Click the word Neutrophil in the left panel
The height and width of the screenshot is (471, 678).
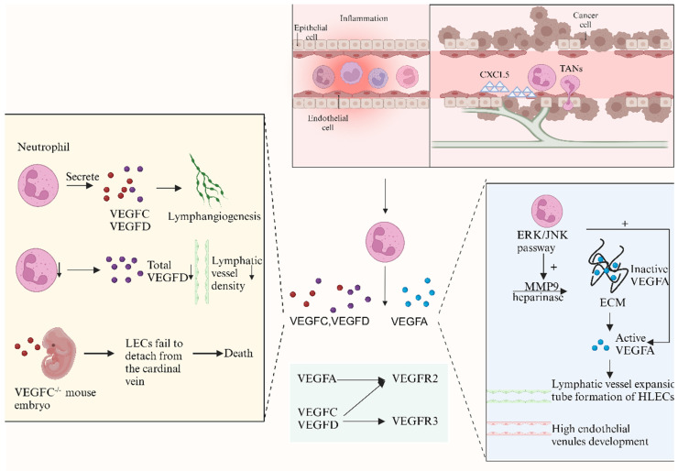tap(43, 147)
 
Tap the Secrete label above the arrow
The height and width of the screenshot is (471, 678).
tap(82, 177)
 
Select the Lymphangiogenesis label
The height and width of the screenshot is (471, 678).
tap(214, 216)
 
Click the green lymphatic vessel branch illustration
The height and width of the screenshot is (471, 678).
tap(206, 181)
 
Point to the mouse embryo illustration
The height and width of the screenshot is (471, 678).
tap(59, 353)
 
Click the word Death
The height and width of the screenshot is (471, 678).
tap(238, 354)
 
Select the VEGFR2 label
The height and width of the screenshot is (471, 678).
tap(415, 378)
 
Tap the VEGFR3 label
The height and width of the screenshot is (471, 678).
tap(415, 421)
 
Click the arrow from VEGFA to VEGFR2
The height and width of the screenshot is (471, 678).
tap(361, 379)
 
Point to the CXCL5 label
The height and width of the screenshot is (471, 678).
tap(494, 74)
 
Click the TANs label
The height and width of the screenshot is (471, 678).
tap(571, 69)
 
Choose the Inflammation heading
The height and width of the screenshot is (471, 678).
tap(364, 18)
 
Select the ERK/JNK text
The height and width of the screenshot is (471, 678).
tap(542, 235)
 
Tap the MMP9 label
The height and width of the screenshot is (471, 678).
tap(540, 286)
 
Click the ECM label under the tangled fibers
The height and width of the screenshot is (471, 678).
tap(612, 302)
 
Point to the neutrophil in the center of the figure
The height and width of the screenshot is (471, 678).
tap(385, 243)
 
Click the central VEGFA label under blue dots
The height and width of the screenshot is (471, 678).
tap(409, 322)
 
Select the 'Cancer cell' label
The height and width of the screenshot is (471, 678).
tap(585, 20)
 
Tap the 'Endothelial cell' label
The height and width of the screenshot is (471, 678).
tap(328, 123)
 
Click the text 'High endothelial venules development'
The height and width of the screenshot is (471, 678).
tap(600, 435)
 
